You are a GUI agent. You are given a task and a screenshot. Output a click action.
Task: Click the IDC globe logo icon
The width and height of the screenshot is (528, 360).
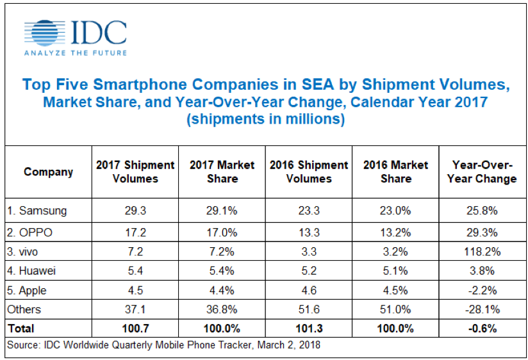tap(43, 33)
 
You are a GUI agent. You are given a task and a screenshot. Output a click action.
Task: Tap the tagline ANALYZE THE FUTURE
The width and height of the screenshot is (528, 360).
tap(74, 53)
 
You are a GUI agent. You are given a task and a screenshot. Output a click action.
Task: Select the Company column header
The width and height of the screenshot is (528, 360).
tap(48, 172)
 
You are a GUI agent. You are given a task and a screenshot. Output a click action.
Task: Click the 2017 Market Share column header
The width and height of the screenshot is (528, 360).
tap(222, 172)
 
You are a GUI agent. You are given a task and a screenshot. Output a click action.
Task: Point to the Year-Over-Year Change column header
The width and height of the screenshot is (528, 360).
tap(484, 172)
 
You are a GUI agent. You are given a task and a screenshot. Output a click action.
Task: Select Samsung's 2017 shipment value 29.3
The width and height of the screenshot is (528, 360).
tap(135, 210)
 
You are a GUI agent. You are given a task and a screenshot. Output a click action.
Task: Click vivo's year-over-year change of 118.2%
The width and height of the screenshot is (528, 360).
tap(484, 251)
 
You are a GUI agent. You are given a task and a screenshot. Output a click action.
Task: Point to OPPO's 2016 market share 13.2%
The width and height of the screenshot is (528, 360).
tap(395, 231)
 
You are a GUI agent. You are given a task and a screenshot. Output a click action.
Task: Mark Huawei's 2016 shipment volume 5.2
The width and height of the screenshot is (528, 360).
tap(309, 271)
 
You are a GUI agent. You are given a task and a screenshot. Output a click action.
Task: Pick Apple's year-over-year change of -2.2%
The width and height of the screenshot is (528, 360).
tap(484, 290)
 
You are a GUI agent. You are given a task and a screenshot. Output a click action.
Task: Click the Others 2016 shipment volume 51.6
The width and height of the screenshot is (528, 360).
tap(309, 309)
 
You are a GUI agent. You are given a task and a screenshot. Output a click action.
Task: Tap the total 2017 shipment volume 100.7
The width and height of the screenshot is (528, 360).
tap(135, 329)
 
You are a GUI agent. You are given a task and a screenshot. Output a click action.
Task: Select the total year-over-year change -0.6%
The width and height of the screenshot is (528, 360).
tap(484, 329)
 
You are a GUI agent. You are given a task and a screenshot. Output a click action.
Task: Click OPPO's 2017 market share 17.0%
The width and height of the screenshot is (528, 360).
tap(222, 231)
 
